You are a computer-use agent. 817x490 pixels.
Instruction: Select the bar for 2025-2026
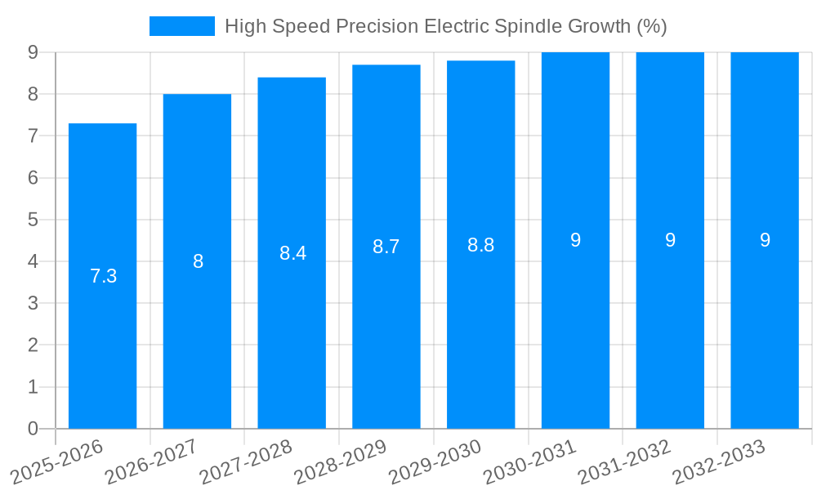(x=102, y=327)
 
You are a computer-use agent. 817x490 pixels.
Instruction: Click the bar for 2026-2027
(x=197, y=327)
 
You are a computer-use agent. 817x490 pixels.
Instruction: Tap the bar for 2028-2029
(x=386, y=327)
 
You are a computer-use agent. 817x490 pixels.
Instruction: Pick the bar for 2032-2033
(x=765, y=327)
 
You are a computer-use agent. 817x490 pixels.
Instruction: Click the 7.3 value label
(x=103, y=277)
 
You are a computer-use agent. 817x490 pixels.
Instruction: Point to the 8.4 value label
(x=292, y=253)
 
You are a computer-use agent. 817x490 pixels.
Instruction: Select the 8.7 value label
(x=386, y=247)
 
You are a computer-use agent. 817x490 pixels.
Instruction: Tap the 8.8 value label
(x=480, y=245)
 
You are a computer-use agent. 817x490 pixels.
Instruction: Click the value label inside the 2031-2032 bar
(x=670, y=240)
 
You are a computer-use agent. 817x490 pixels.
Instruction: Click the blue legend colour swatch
(x=181, y=26)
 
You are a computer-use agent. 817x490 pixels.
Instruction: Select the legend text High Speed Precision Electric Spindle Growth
(x=445, y=26)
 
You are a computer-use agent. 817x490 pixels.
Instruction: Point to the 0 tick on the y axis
(x=33, y=429)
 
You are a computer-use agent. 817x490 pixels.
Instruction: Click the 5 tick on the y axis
(x=33, y=220)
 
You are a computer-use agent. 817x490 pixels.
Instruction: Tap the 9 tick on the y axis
(x=33, y=52)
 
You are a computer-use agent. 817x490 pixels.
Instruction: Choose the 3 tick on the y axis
(x=33, y=303)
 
